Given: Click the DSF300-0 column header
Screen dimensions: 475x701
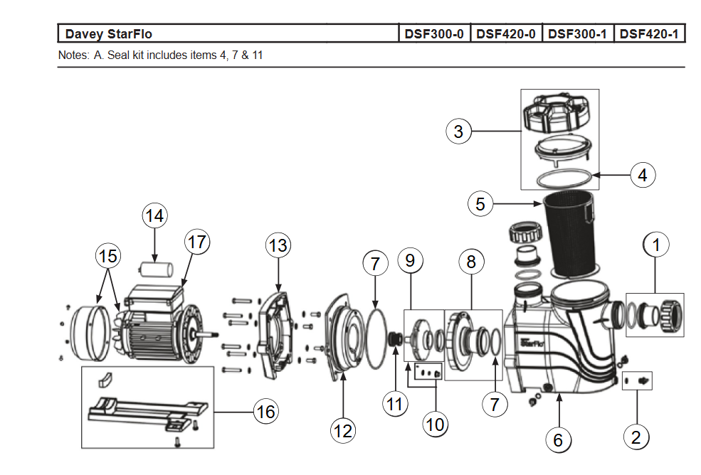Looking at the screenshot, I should pyautogui.click(x=434, y=33).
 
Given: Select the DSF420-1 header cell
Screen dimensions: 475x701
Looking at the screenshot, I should pyautogui.click(x=648, y=33).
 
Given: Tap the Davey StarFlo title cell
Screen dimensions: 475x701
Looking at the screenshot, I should pyautogui.click(x=109, y=33).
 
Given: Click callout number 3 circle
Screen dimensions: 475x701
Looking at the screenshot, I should pyautogui.click(x=459, y=131).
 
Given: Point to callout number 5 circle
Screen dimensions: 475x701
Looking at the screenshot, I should pyautogui.click(x=480, y=204).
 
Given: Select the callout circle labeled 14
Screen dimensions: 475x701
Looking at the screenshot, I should pyautogui.click(x=155, y=215).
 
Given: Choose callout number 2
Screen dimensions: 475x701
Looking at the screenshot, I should pyautogui.click(x=636, y=437).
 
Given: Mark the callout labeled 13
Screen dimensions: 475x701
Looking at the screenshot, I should pyautogui.click(x=278, y=246).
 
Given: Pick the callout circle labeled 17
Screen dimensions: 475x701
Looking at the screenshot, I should pyautogui.click(x=197, y=242).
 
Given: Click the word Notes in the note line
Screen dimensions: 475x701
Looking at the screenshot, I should pyautogui.click(x=73, y=55).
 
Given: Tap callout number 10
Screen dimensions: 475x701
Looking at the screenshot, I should pyautogui.click(x=435, y=425).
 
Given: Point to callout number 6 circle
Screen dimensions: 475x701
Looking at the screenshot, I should pyautogui.click(x=558, y=440).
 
